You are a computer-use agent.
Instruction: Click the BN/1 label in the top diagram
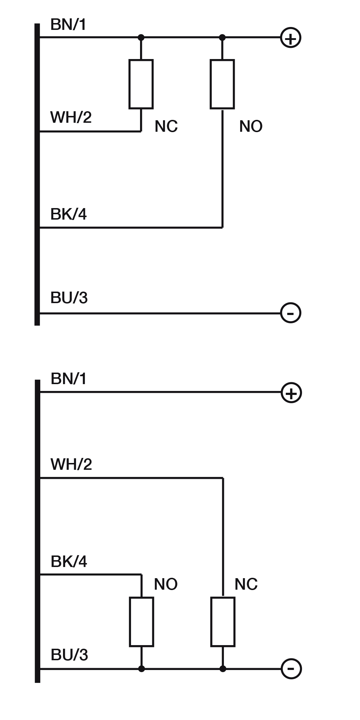68,25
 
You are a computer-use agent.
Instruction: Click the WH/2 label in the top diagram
71,117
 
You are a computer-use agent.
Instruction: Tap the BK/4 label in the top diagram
68,214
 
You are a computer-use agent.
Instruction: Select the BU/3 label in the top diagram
69,298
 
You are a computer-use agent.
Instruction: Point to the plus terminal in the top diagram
291,38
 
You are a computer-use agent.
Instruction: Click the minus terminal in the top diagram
291,313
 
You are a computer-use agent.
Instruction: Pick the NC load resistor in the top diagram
141,84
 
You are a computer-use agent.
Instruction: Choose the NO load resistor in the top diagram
222,84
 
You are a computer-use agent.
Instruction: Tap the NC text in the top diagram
166,126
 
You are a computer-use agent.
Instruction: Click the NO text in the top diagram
251,126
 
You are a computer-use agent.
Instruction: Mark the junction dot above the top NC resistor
141,37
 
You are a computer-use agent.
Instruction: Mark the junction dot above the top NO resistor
222,37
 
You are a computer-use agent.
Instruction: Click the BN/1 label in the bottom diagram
69,379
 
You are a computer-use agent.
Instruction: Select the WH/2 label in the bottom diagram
71,464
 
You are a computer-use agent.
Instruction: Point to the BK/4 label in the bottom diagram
69,562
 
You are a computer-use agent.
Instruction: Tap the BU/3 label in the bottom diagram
69,655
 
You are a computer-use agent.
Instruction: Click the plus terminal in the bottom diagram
291,393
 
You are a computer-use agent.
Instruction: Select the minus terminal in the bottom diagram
291,669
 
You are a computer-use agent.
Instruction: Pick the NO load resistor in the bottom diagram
141,622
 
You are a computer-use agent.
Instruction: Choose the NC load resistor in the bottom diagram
223,622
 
